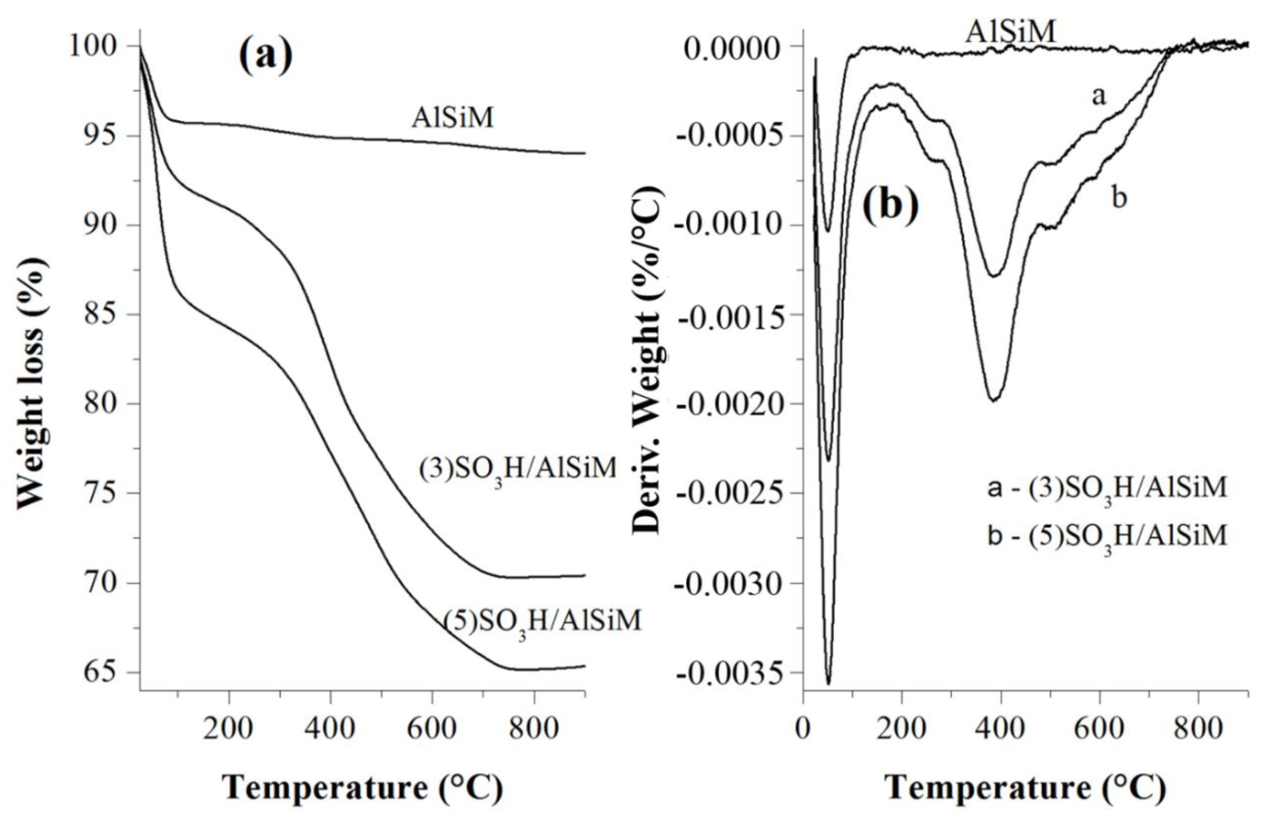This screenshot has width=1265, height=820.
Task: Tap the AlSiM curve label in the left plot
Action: (452, 118)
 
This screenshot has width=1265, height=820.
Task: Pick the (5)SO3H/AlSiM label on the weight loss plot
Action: (542, 622)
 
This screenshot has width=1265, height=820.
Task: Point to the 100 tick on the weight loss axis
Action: (100, 47)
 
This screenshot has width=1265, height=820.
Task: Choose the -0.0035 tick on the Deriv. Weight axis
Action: (735, 673)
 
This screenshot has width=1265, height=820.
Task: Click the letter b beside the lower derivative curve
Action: (1119, 199)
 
